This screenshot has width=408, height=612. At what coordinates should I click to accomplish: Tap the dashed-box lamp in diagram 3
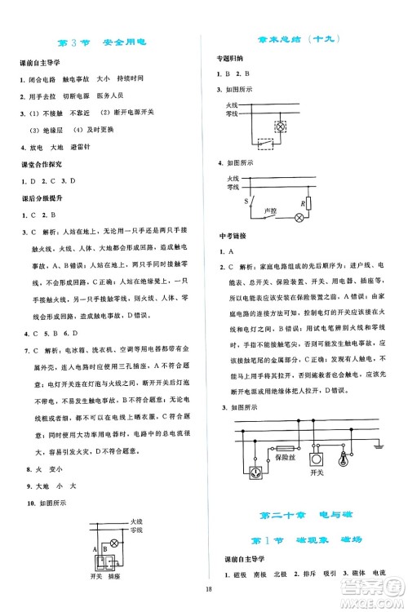[278, 127]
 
